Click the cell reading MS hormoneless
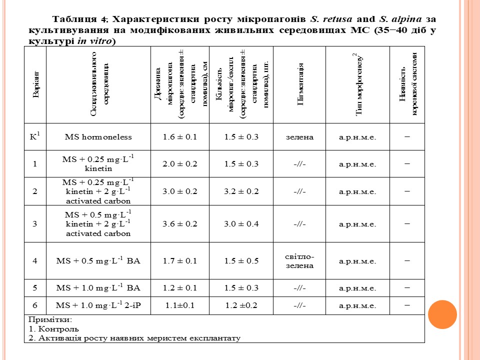(x=98, y=136)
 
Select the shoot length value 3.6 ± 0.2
(x=180, y=223)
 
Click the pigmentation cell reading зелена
(x=299, y=136)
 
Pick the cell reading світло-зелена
(x=299, y=260)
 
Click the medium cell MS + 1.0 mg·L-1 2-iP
(x=98, y=305)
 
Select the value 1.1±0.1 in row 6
(x=180, y=305)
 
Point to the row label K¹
(x=35, y=136)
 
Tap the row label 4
(x=35, y=260)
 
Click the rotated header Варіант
(x=35, y=85)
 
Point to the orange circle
(x=442, y=314)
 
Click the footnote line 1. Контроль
(x=53, y=329)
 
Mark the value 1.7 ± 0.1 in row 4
(x=180, y=260)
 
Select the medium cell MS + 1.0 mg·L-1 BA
(x=98, y=288)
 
